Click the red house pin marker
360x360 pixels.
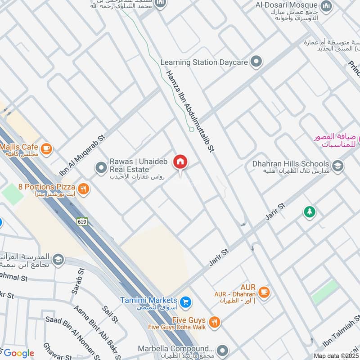click(180, 162)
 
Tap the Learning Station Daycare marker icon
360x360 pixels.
click(256, 62)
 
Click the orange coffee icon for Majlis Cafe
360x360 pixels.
click(46, 148)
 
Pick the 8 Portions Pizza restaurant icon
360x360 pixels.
click(82, 188)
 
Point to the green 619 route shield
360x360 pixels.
click(82, 221)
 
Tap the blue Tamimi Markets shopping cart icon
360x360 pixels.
click(185, 301)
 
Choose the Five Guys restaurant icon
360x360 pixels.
click(215, 322)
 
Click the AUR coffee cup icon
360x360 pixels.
click(264, 292)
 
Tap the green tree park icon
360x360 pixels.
click(309, 211)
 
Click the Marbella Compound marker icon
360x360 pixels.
click(221, 350)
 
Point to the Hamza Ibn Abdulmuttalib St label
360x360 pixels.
click(189, 112)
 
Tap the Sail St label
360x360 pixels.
click(110, 314)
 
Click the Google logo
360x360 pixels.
click(19, 353)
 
